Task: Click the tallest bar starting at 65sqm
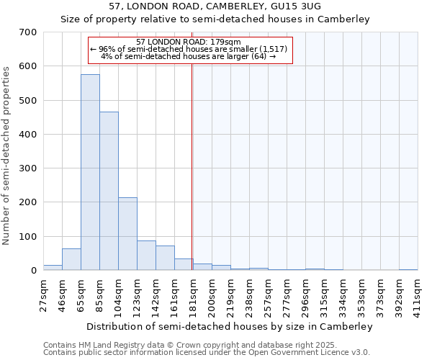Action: pos(90,173)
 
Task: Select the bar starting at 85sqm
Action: pos(109,191)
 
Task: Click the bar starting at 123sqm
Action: pos(146,256)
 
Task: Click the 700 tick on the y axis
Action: pos(28,32)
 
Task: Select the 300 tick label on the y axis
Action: pos(28,168)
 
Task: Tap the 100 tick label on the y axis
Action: pos(28,237)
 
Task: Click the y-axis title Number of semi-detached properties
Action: pos(7,155)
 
